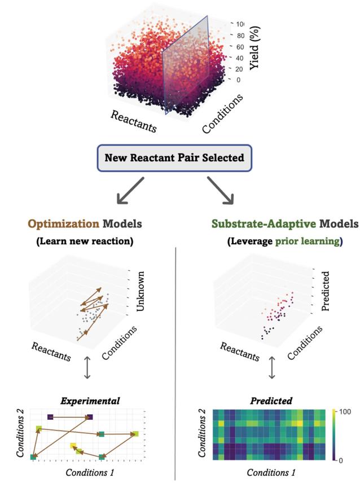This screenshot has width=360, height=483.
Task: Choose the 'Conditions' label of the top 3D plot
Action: (223, 113)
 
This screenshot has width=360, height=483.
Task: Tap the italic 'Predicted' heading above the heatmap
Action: (272, 401)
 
